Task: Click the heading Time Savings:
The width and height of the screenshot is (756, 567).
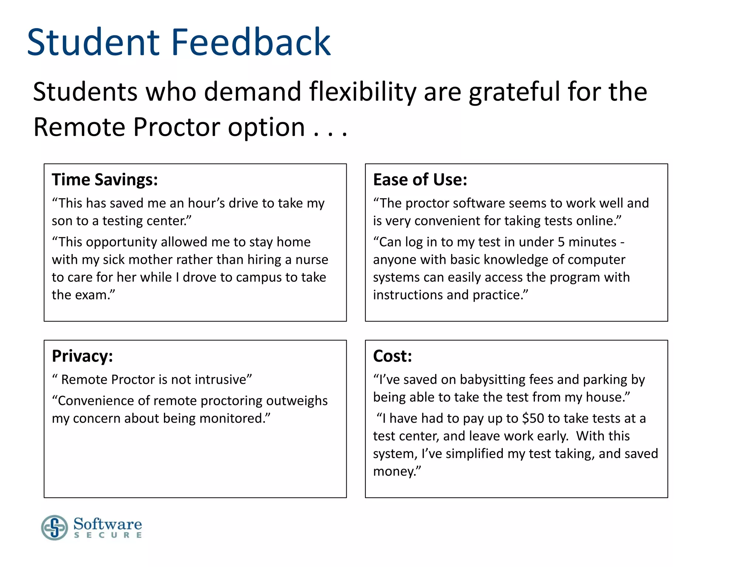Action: point(105,180)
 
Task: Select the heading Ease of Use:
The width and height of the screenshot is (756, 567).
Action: point(420,180)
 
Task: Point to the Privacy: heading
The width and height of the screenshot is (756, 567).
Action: point(82,356)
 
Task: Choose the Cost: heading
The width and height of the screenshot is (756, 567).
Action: point(392,356)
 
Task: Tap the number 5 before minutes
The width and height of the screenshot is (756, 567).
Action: point(561,242)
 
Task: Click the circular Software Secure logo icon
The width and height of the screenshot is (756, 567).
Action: point(55,528)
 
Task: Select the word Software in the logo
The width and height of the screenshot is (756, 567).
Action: point(107,524)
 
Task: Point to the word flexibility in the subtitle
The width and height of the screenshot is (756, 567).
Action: point(362,92)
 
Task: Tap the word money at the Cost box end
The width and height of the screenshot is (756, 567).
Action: point(396,472)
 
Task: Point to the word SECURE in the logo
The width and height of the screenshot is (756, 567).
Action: point(108,535)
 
